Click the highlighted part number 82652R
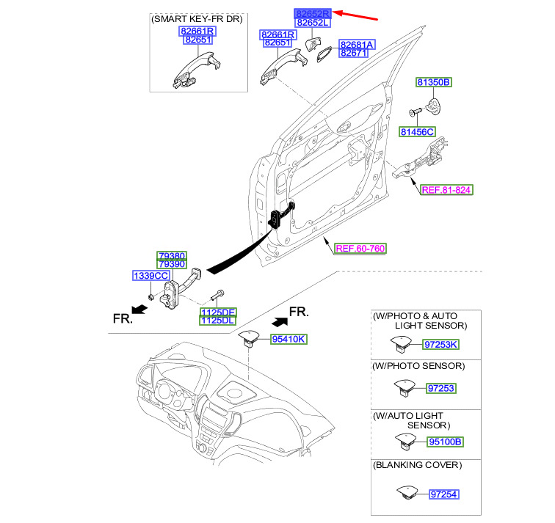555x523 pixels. click(313, 13)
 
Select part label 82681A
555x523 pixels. click(357, 44)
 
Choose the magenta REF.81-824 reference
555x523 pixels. click(446, 189)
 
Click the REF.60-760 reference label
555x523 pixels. click(360, 248)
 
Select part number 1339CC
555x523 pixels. click(151, 275)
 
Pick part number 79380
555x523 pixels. click(171, 255)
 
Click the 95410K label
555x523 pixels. click(289, 339)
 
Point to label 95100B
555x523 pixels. click(446, 442)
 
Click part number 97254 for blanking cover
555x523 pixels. click(443, 494)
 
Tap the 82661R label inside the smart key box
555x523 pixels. click(196, 31)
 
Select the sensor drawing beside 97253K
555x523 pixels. click(403, 343)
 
